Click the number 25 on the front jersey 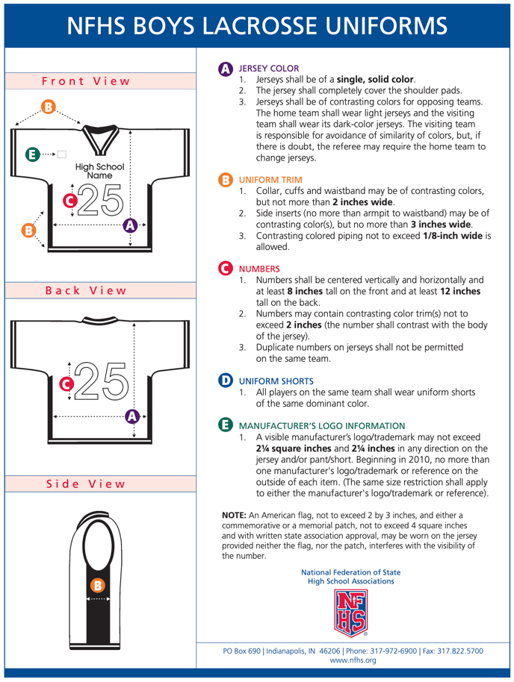click(x=100, y=200)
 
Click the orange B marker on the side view click(x=96, y=584)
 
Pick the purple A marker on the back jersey click(x=133, y=416)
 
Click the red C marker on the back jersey click(x=66, y=384)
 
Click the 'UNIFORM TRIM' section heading click(x=270, y=180)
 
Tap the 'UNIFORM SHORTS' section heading click(x=276, y=381)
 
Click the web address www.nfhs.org click(x=353, y=660)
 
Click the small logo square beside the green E click(x=62, y=154)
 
